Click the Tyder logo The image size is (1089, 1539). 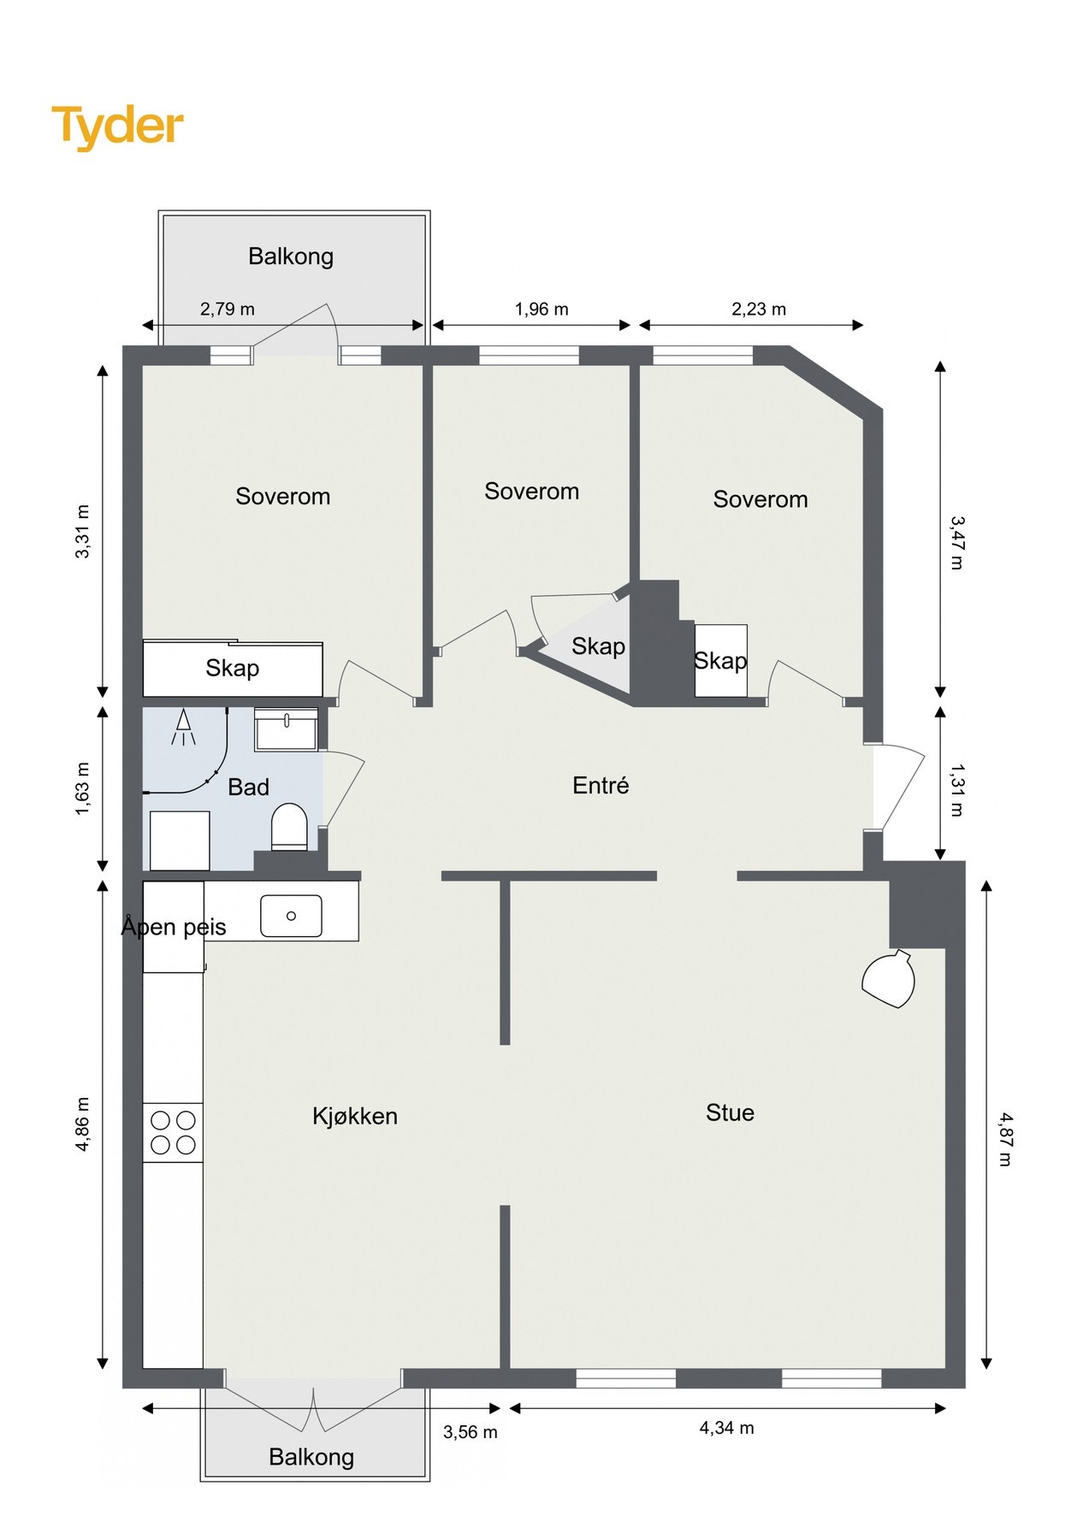click(118, 127)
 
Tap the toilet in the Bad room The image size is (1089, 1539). click(289, 826)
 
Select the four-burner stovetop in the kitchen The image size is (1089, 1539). click(173, 1132)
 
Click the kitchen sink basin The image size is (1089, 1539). click(291, 916)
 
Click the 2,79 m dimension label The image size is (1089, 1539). click(228, 309)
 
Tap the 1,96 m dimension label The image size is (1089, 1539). click(542, 309)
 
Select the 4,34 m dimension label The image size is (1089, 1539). click(727, 1427)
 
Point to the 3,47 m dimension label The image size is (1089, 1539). click(957, 542)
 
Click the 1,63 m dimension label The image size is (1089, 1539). click(82, 788)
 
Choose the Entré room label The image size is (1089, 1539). click(601, 785)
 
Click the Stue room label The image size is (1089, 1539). click(730, 1112)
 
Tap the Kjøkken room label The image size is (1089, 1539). click(355, 1116)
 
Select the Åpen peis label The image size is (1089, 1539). click(174, 926)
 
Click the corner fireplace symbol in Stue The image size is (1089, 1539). click(889, 978)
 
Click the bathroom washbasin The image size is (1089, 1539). click(287, 729)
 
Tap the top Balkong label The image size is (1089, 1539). click(291, 256)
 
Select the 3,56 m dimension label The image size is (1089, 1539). click(471, 1431)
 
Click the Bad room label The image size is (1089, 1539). click(248, 787)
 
